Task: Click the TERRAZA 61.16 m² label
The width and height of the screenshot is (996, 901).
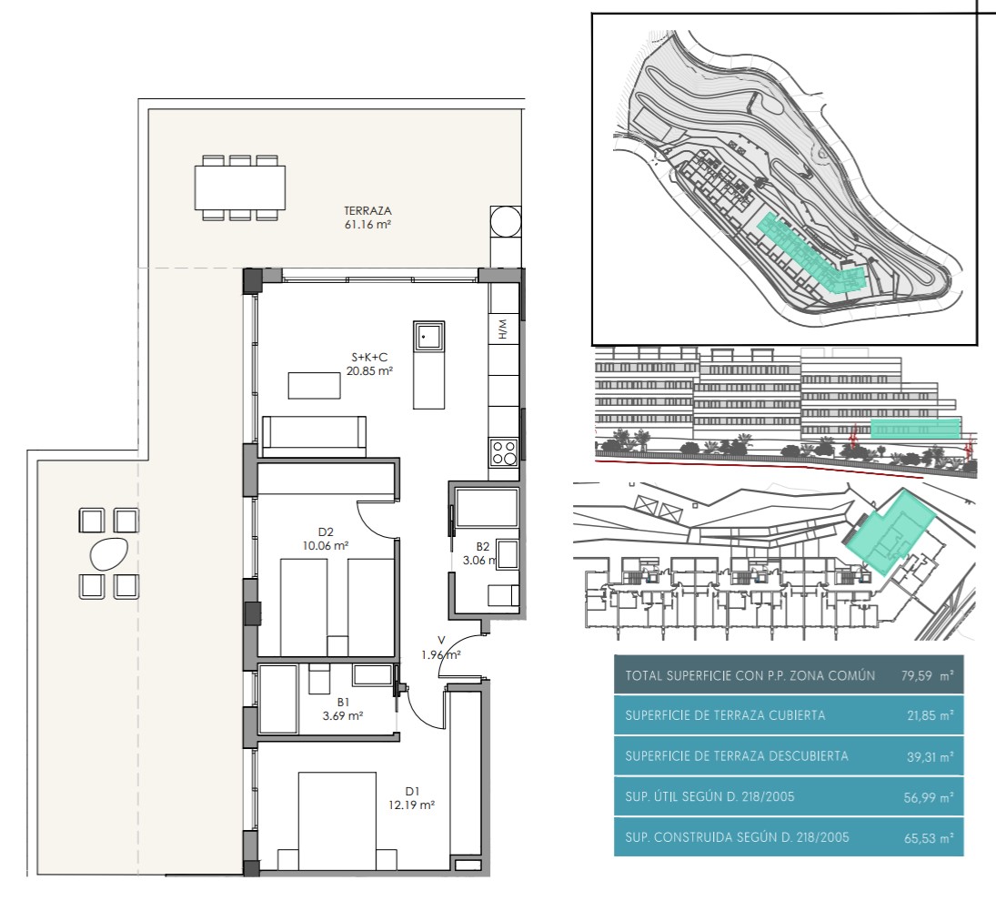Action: (x=367, y=218)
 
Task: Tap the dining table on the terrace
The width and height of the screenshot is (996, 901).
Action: (x=239, y=187)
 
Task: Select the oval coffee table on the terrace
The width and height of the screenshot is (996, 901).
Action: (x=109, y=553)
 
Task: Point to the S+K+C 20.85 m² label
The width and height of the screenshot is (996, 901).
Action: (x=369, y=364)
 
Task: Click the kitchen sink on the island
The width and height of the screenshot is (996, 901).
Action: (x=428, y=336)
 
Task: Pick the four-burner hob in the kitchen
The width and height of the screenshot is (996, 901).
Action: (x=504, y=453)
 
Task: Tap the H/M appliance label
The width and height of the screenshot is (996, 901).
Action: (x=502, y=329)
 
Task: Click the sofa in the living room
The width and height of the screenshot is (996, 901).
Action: (x=315, y=436)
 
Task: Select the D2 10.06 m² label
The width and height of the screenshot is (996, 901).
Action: (x=326, y=539)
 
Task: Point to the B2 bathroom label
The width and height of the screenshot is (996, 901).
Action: (x=483, y=546)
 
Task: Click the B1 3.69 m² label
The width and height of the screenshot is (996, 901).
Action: (x=343, y=709)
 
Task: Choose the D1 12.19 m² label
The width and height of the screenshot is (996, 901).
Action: (x=412, y=798)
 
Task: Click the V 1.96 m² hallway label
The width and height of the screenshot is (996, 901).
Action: (x=441, y=647)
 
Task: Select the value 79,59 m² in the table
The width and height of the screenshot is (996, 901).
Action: (x=927, y=675)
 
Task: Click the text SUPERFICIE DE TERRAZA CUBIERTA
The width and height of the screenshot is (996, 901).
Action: (x=725, y=715)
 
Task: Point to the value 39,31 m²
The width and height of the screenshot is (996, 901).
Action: (x=930, y=756)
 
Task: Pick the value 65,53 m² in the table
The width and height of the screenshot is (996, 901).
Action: (x=929, y=837)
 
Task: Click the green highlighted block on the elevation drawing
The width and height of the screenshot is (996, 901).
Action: (x=915, y=429)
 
